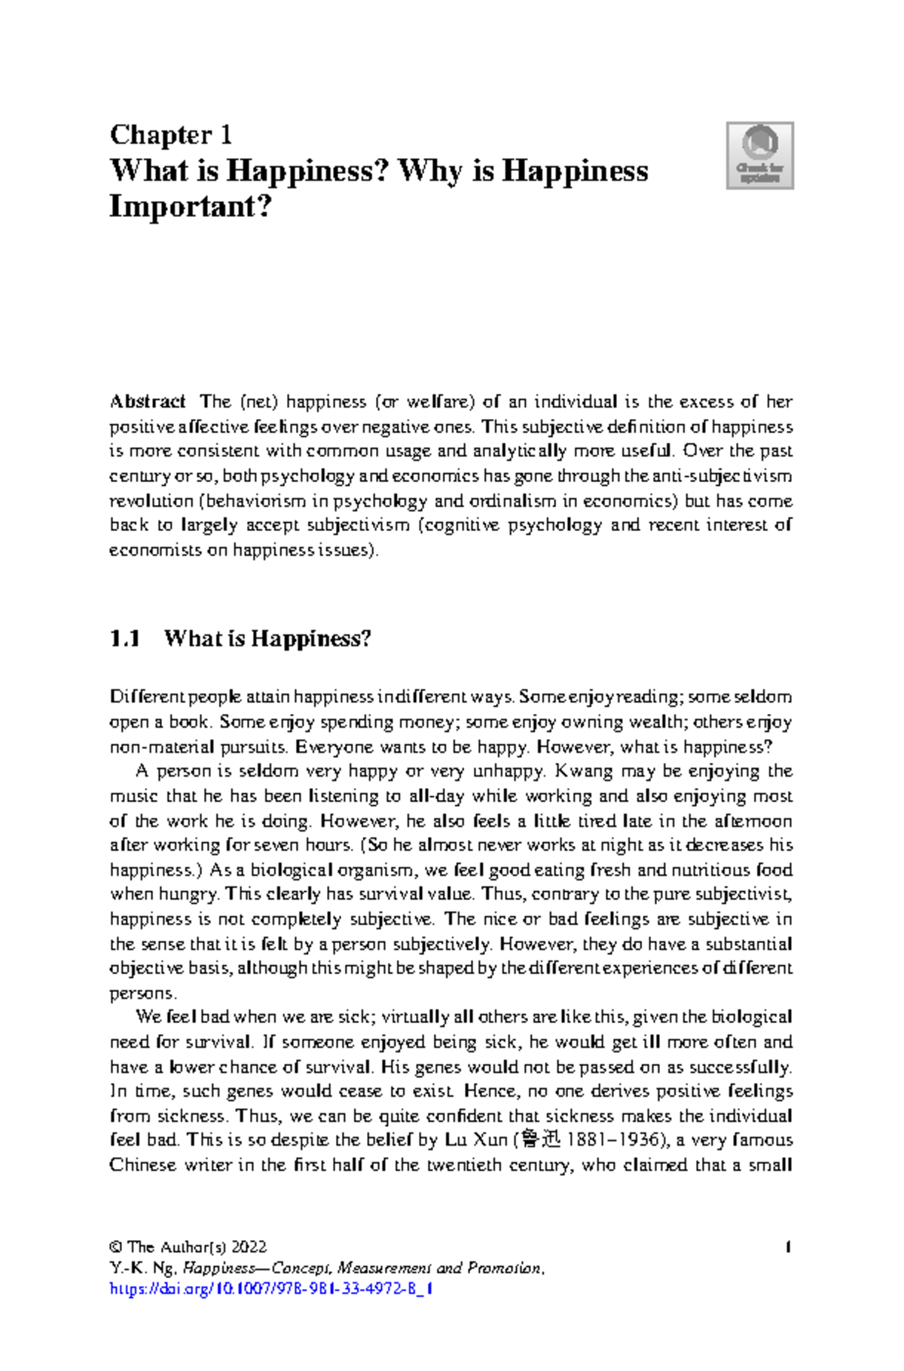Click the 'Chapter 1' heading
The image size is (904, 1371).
[x=170, y=135]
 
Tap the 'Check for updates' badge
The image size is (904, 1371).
[x=759, y=155]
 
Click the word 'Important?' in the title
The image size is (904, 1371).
[x=190, y=206]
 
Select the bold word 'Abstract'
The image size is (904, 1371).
[x=148, y=402]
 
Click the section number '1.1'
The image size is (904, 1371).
[x=125, y=639]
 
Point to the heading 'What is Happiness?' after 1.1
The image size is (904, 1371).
[x=267, y=639]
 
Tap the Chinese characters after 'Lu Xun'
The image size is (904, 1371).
[x=541, y=1140]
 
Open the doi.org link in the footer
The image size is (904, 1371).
[x=271, y=1289]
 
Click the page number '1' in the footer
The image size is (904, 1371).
[x=787, y=1247]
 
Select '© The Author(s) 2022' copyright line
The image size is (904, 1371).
[x=188, y=1247]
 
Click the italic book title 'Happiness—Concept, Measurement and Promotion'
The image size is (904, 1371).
[x=362, y=1269]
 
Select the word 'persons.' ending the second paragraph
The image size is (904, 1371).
[x=142, y=993]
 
